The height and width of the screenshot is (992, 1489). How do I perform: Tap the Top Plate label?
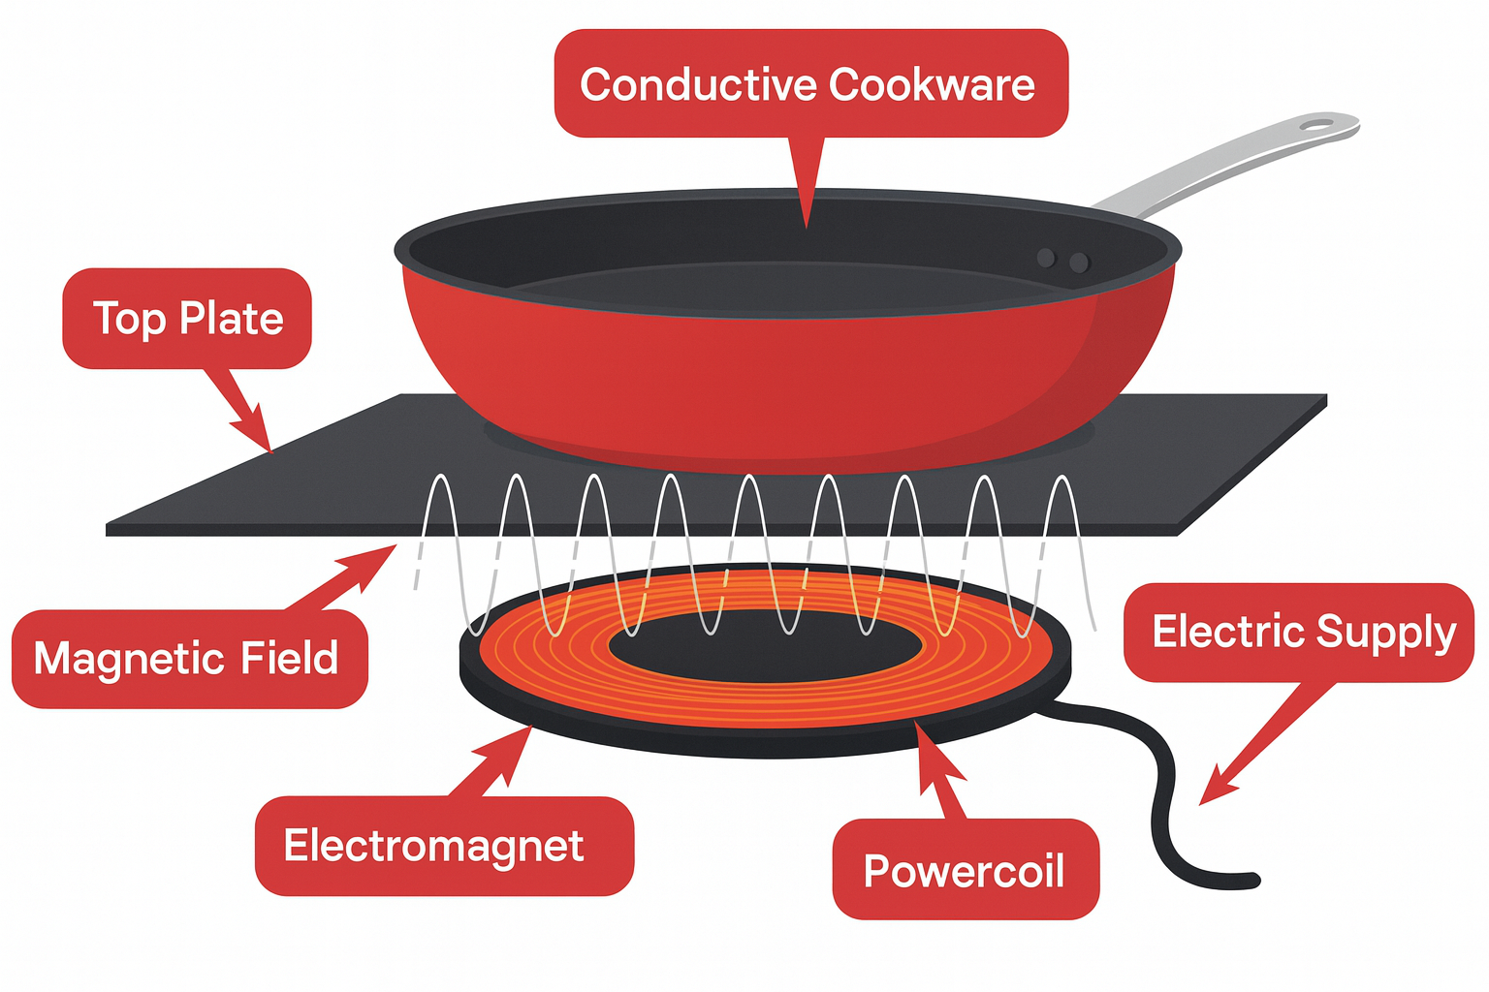[187, 319]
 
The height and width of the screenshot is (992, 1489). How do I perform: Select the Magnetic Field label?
[188, 659]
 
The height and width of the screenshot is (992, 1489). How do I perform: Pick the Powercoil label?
[965, 870]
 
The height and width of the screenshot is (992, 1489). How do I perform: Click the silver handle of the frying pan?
[1212, 165]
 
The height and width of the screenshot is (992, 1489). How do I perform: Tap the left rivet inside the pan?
[1046, 258]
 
